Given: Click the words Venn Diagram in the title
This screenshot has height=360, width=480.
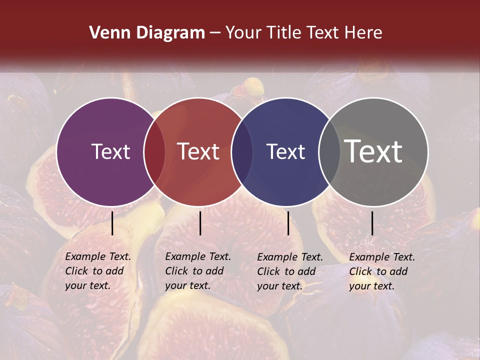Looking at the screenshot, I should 147,33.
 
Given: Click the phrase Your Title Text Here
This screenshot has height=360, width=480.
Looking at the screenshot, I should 303,33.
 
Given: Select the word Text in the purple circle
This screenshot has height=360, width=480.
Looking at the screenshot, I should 110,151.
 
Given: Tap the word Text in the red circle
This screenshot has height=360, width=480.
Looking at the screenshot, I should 198,151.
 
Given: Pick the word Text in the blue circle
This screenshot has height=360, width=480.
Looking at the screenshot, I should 285,151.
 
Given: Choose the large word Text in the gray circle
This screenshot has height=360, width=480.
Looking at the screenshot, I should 373,151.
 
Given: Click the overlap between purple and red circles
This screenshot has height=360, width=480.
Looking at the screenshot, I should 154,151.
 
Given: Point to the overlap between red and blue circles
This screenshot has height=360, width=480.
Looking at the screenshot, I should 242,151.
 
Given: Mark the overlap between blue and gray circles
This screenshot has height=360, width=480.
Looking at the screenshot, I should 329,151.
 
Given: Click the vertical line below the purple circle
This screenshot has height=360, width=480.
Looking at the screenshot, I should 112,223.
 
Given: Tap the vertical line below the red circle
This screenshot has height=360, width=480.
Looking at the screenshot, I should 200,223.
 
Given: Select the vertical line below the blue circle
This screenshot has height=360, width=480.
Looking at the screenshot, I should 288,223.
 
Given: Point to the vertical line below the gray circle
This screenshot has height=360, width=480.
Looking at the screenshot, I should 372,223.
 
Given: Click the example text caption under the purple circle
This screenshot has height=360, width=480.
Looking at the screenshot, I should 97,271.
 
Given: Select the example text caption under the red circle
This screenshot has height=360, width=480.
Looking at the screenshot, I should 197,271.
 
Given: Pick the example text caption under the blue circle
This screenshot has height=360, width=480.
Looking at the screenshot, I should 289,271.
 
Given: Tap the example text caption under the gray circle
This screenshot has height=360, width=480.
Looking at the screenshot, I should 381,271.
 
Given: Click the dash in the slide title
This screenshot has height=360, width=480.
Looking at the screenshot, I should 215,33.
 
